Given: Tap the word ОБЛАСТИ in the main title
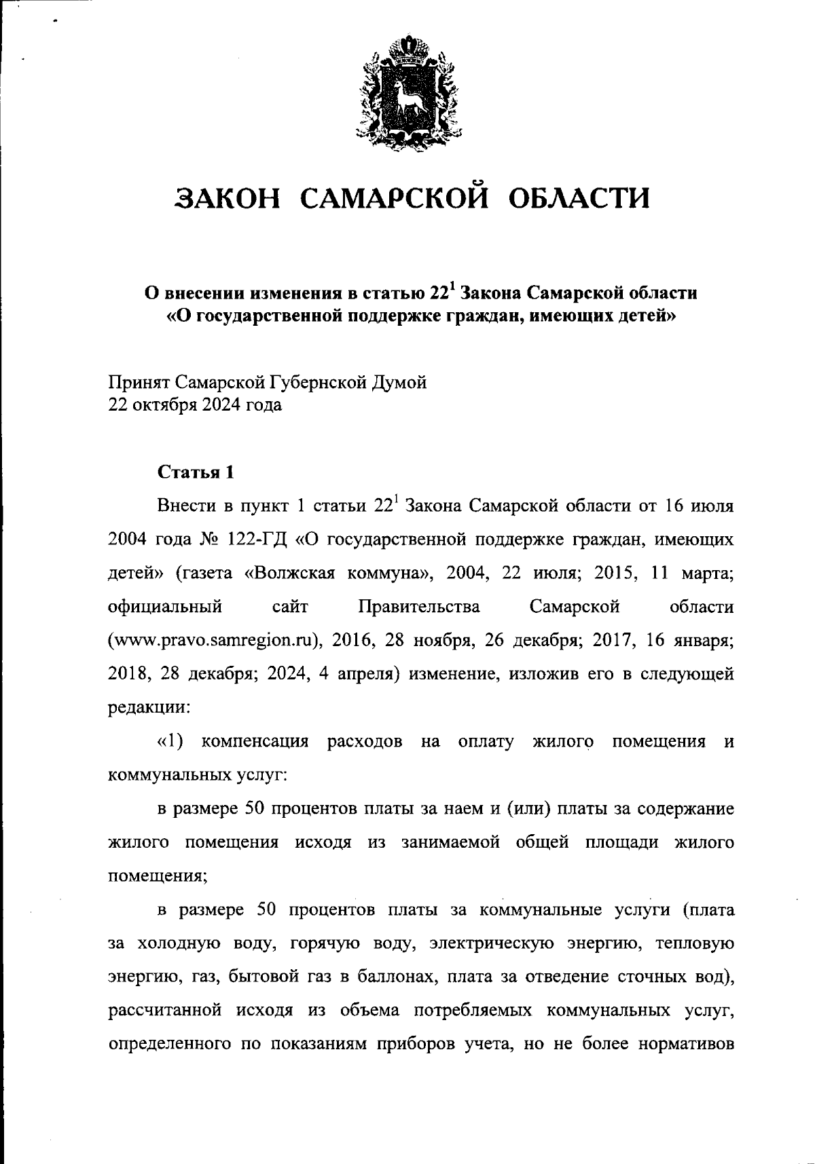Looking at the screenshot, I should tap(579, 199).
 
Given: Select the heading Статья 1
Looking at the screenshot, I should tap(196, 472).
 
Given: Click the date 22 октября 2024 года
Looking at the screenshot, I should tap(195, 406).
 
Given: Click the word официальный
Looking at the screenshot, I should tap(165, 607).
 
